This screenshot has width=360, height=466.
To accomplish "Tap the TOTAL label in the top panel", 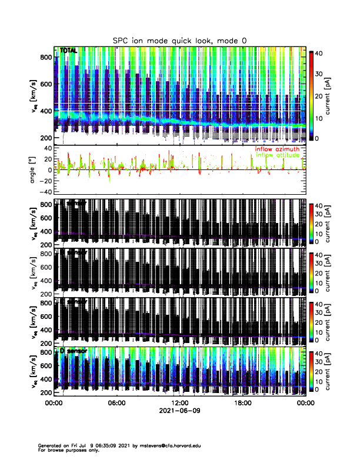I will pyautogui.click(x=68, y=51).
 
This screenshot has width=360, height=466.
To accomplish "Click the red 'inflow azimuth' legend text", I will pyautogui.click(x=277, y=149).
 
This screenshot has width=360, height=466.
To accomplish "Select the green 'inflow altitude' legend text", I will pyautogui.click(x=277, y=155).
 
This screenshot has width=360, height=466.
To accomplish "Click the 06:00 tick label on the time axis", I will pyautogui.click(x=116, y=404).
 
